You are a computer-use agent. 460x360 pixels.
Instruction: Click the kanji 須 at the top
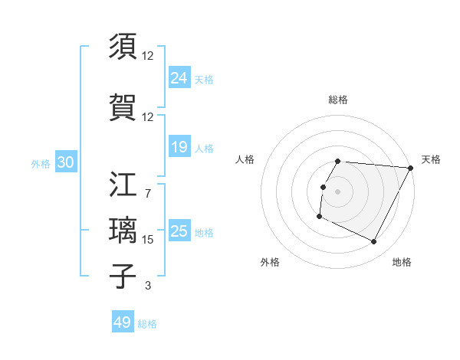123,47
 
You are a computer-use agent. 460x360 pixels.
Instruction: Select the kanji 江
123,186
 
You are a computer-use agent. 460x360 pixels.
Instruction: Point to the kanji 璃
123,231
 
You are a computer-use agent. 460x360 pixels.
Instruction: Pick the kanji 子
123,276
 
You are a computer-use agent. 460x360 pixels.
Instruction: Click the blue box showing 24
179,78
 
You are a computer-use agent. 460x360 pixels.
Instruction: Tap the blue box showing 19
179,147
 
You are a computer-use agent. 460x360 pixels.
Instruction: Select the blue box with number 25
179,231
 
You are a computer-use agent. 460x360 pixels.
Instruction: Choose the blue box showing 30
65,162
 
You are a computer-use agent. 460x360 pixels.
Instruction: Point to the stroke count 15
148,240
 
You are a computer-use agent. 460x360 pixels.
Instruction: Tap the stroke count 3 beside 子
148,286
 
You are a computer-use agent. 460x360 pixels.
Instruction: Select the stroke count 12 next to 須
148,56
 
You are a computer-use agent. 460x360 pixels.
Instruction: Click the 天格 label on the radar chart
431,159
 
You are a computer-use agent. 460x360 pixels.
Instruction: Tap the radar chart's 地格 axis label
402,262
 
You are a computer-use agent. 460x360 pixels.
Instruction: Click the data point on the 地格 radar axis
374,242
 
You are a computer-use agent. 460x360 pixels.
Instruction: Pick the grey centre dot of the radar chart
338,191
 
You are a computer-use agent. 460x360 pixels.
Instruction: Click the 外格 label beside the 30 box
41,163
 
